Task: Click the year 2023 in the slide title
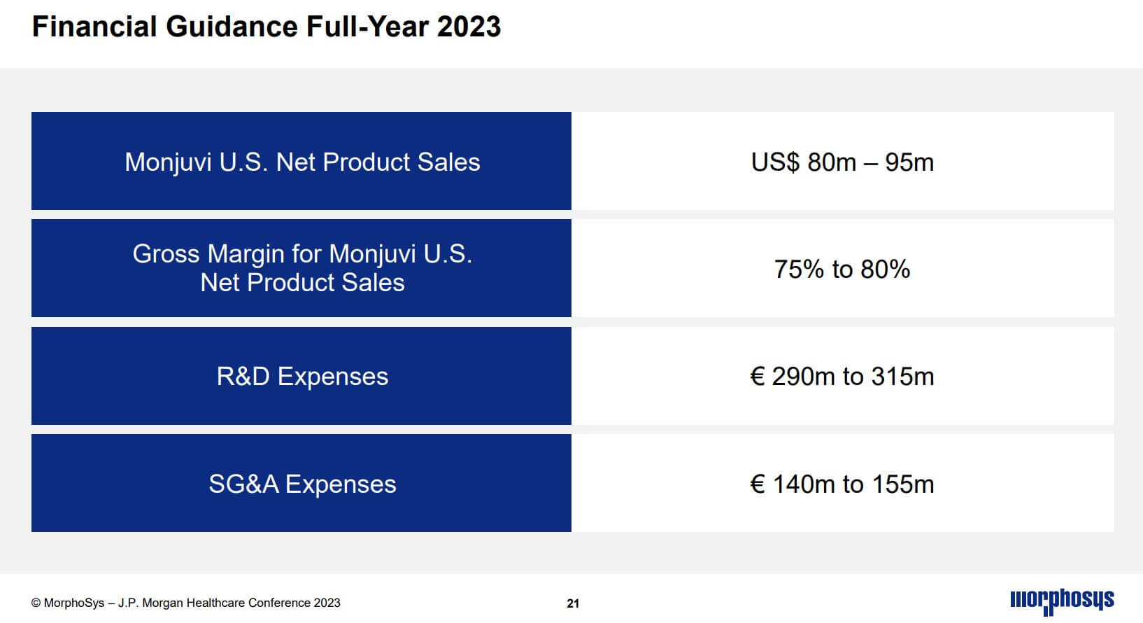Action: click(469, 27)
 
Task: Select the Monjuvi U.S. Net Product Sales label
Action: click(302, 162)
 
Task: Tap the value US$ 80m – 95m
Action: click(842, 162)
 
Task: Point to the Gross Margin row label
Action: click(302, 268)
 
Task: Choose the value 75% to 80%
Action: click(842, 269)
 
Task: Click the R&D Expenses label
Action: click(302, 377)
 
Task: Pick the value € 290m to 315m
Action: click(842, 377)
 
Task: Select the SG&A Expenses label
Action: click(302, 484)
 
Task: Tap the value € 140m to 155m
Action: click(842, 484)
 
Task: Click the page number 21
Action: click(573, 603)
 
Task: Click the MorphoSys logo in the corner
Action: click(1062, 601)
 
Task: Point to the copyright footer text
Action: click(186, 603)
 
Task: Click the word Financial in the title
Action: click(94, 27)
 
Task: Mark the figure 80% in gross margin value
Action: click(885, 269)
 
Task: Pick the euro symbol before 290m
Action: click(757, 377)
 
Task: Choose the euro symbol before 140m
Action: click(757, 484)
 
